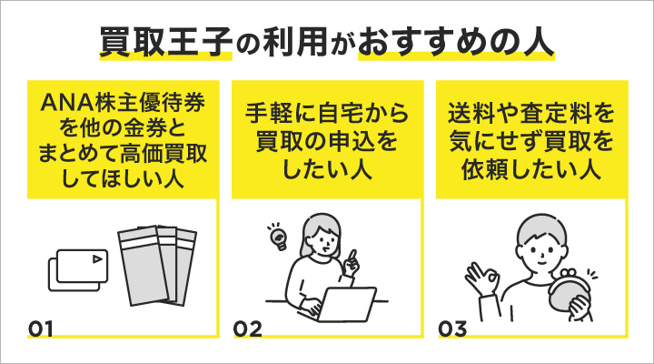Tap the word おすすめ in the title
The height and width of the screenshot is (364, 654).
tap(429, 42)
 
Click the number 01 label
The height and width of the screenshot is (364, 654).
tap(43, 327)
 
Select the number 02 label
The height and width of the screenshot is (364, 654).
tap(247, 327)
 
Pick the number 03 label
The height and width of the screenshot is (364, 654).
tap(452, 327)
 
